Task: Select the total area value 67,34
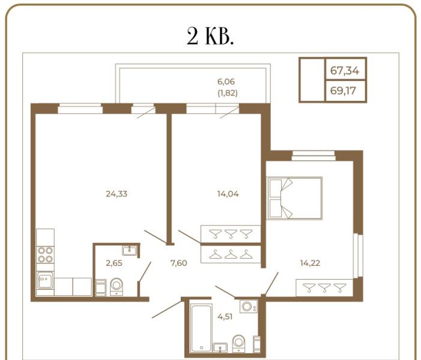[x=345, y=71]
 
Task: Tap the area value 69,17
[x=345, y=92]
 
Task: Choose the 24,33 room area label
[x=117, y=193]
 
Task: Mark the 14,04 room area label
[x=228, y=193]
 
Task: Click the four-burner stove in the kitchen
[x=45, y=256]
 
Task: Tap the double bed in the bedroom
[x=295, y=198]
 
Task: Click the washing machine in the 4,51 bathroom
[x=248, y=307]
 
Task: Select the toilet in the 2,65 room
[x=117, y=286]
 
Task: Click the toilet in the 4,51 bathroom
[x=240, y=343]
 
